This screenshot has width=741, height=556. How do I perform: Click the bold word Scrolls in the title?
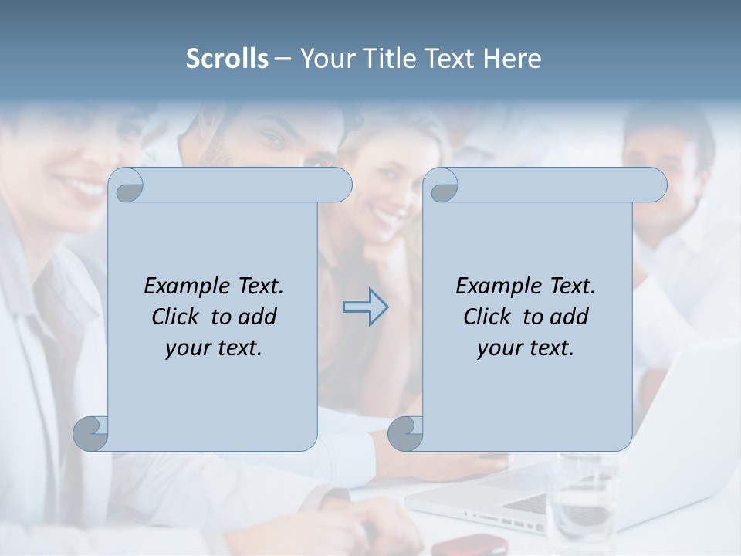click(227, 59)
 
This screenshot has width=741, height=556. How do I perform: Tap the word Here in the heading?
click(512, 59)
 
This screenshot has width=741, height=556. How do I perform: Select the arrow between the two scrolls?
click(366, 307)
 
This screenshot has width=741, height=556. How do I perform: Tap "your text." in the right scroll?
click(525, 348)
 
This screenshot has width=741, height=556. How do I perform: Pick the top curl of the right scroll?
click(442, 185)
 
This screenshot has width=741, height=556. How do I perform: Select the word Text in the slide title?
click(451, 59)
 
